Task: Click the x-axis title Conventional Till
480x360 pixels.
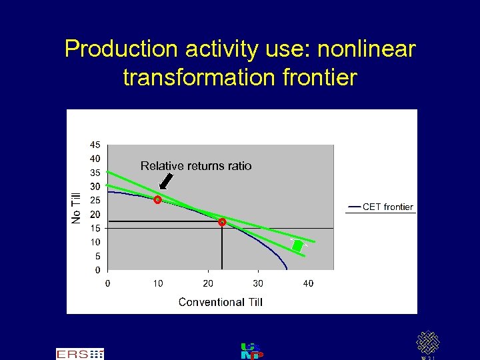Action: tap(221, 302)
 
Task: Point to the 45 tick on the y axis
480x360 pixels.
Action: tap(95, 145)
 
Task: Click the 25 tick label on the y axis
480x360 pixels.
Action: tap(95, 201)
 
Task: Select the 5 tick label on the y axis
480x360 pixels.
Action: tap(98, 256)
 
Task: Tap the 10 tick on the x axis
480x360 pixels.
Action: tap(158, 283)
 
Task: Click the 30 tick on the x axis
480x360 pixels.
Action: tap(258, 283)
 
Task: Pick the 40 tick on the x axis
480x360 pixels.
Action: tap(308, 283)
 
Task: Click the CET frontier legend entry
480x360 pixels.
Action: tap(380, 207)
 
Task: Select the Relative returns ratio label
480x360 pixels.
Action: tap(196, 166)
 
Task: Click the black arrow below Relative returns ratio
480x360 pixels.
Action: tap(166, 181)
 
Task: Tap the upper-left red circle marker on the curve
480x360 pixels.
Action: tap(158, 199)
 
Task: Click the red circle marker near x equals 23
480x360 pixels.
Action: tap(222, 222)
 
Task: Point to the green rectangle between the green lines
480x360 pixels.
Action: tap(297, 245)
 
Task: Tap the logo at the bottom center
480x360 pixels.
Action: tap(251, 351)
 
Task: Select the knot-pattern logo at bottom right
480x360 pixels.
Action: tap(428, 343)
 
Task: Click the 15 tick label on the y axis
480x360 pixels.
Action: tap(95, 228)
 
